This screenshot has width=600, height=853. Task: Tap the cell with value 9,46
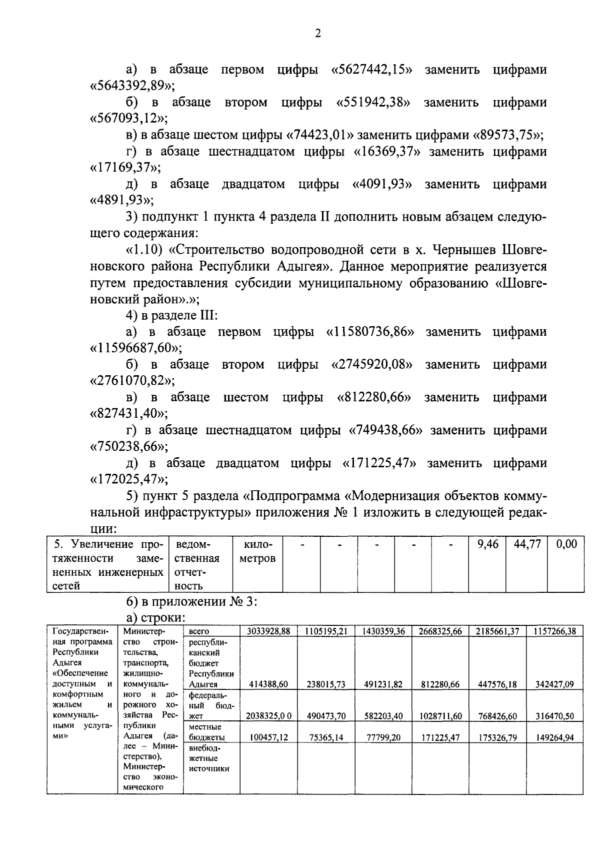tap(487, 544)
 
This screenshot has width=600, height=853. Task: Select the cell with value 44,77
tap(527, 544)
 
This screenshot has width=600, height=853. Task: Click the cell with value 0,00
tap(566, 544)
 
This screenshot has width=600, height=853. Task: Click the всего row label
tap(198, 631)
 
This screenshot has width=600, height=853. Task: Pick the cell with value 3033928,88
tap(268, 631)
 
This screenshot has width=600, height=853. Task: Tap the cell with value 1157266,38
tap(554, 631)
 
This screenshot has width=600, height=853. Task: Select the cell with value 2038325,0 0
tap(268, 716)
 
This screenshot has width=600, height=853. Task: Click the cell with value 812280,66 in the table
tap(440, 684)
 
